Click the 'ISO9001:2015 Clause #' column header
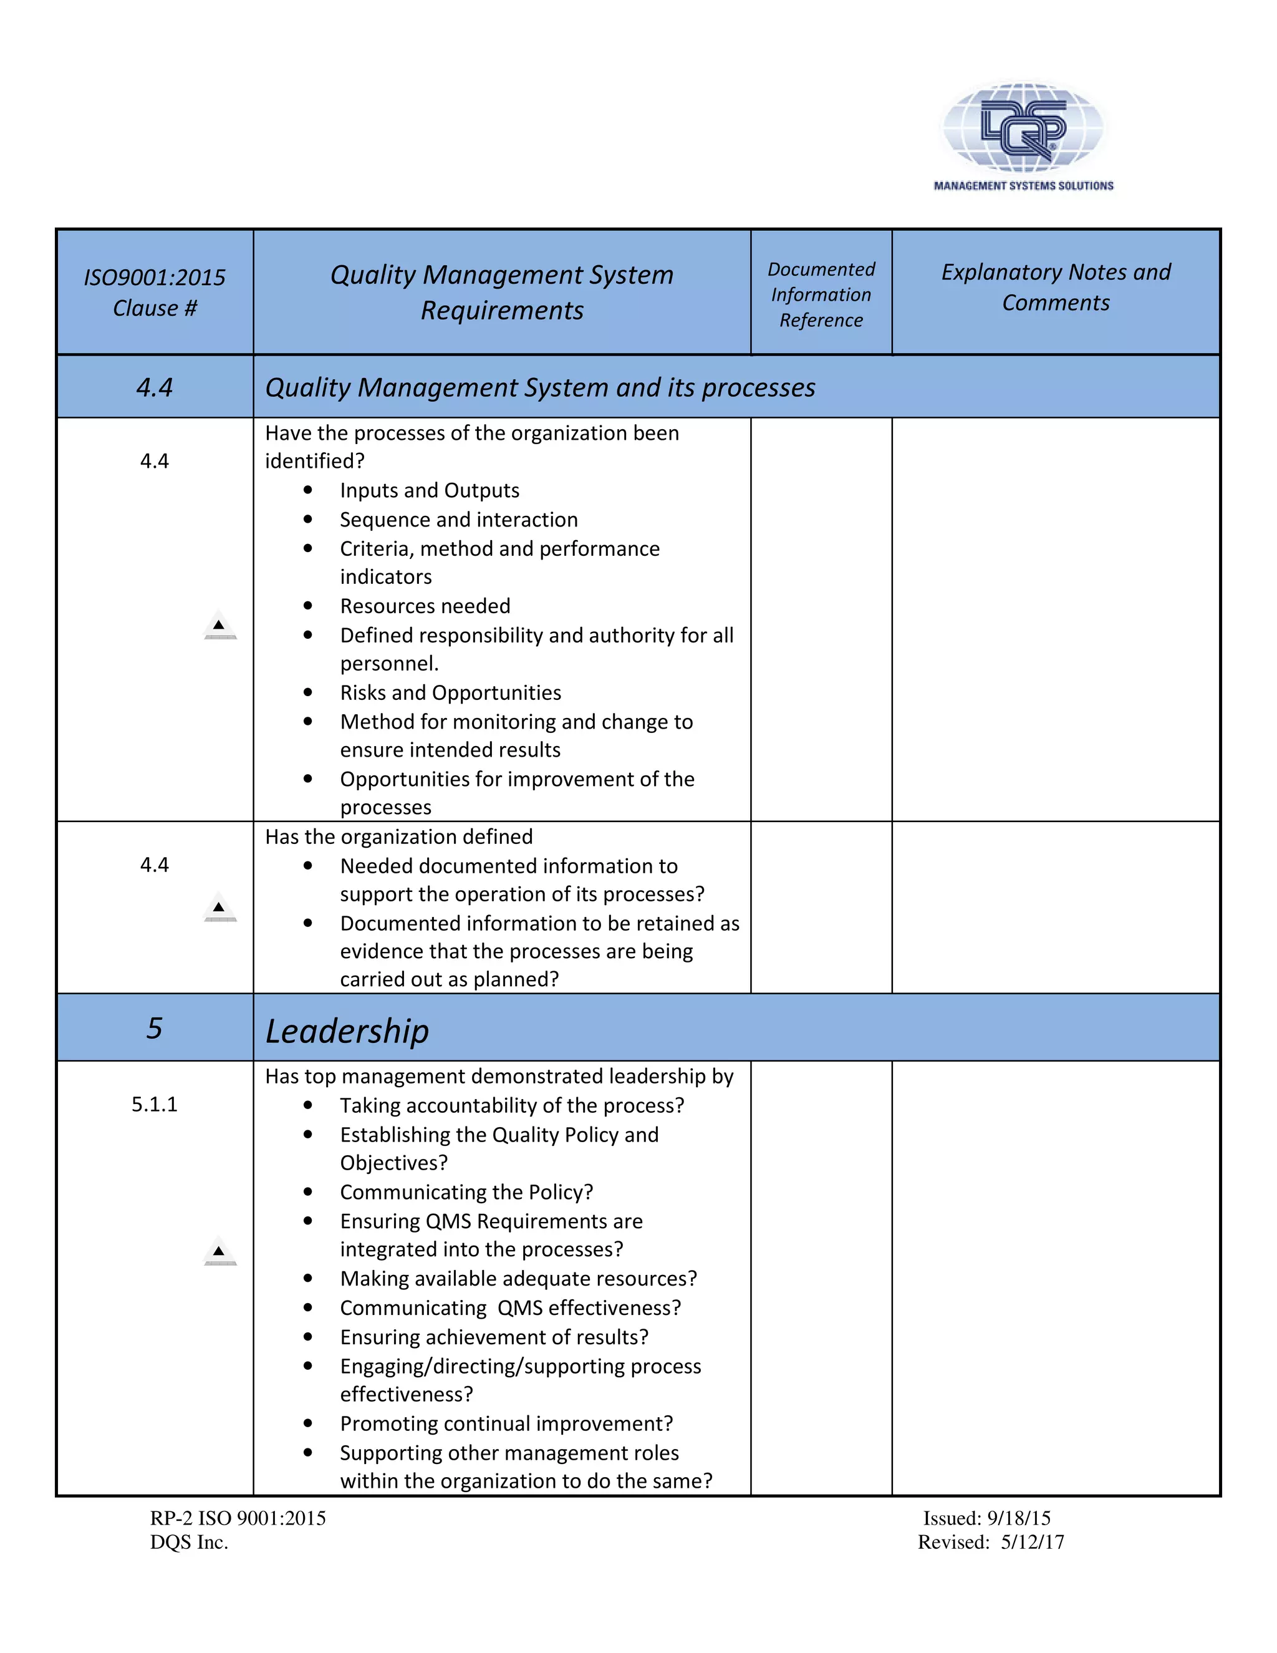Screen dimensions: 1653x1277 pyautogui.click(x=155, y=292)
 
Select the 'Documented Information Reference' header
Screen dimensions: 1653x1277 pyautogui.click(x=821, y=294)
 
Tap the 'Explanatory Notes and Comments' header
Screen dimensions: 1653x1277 pyautogui.click(x=1056, y=287)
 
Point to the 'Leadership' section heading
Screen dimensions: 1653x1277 pyautogui.click(x=347, y=1031)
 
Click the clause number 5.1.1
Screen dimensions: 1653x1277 pyautogui.click(x=155, y=1104)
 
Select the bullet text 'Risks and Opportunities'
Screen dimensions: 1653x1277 pyautogui.click(x=450, y=692)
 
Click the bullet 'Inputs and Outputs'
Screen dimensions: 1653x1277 pyautogui.click(x=429, y=490)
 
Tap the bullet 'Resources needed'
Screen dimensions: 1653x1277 pyautogui.click(x=425, y=606)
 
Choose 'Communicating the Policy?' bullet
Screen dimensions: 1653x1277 pyautogui.click(x=466, y=1192)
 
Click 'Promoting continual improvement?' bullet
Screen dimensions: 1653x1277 pyautogui.click(x=506, y=1423)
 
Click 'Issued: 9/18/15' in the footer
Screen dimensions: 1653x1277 pyautogui.click(x=986, y=1518)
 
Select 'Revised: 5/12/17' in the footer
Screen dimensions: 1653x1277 pyautogui.click(x=990, y=1543)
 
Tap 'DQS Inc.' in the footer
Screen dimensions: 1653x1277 pyautogui.click(x=189, y=1543)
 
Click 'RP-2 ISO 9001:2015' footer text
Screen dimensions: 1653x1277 pyautogui.click(x=238, y=1518)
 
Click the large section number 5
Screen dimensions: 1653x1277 pyautogui.click(x=155, y=1028)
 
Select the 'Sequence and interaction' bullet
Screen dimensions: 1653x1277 pyautogui.click(x=458, y=520)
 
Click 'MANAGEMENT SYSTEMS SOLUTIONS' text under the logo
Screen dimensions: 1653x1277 pyautogui.click(x=1023, y=185)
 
